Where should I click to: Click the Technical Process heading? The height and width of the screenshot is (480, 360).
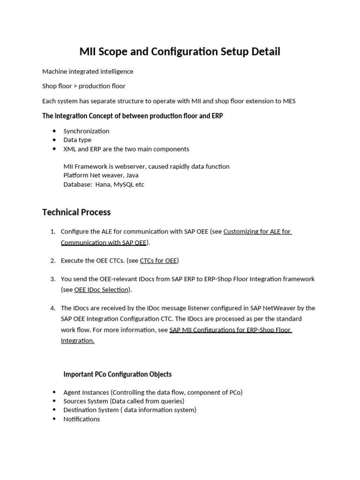coord(76,212)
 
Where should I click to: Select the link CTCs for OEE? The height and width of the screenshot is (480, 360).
coord(159,261)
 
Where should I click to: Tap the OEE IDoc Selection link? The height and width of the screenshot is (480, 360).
coord(101,290)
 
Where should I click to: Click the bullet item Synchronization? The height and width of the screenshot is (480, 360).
coord(86,131)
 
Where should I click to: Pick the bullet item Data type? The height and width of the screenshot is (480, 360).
coord(77,140)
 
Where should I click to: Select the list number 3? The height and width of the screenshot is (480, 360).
coord(53,279)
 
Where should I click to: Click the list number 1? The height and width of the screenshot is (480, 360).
coord(53,232)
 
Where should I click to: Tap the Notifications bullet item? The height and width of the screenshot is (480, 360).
coord(82,419)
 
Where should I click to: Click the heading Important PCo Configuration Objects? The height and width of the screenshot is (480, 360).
coord(118,375)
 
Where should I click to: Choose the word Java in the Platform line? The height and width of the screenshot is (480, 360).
coord(132,175)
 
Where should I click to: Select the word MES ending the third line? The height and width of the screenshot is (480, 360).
coord(288,101)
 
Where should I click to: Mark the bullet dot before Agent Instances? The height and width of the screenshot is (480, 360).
coord(55,392)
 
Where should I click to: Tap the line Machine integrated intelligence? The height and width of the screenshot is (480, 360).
coord(88,72)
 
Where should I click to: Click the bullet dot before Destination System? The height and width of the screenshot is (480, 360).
coord(55,410)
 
